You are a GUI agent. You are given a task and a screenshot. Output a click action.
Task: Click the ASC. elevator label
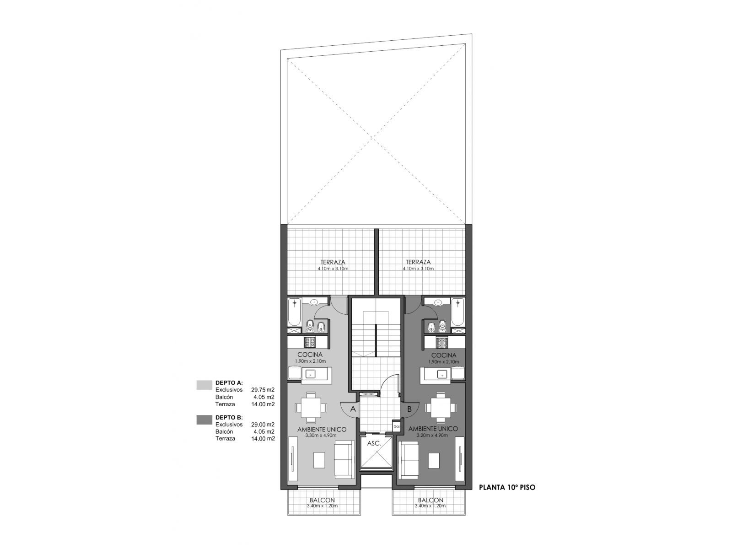point(373,444)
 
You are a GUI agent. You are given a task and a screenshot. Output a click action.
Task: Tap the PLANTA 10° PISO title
point(507,487)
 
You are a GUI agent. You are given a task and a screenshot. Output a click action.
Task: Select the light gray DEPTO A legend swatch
point(204,385)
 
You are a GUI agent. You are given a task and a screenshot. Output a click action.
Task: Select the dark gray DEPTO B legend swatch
point(204,420)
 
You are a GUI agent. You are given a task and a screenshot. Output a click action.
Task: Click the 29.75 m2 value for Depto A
point(263,390)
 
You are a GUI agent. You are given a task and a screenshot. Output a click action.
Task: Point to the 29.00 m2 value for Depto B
point(263,425)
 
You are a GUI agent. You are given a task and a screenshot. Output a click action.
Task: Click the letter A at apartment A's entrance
point(353,409)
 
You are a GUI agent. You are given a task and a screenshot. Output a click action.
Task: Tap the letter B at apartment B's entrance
point(409,409)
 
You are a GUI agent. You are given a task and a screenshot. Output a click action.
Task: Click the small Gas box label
point(397,426)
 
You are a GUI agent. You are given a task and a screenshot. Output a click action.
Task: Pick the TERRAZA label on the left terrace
point(333,262)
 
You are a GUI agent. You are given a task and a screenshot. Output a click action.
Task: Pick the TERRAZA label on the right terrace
point(418,262)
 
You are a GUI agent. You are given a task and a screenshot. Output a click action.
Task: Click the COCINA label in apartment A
point(310,355)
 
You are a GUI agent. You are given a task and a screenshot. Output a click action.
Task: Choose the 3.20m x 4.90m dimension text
point(432,436)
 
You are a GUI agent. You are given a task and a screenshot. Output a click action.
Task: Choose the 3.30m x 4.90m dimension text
point(322,436)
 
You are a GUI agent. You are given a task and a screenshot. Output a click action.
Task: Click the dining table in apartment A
point(311,408)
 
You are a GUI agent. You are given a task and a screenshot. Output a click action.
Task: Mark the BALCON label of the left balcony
point(322,501)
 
